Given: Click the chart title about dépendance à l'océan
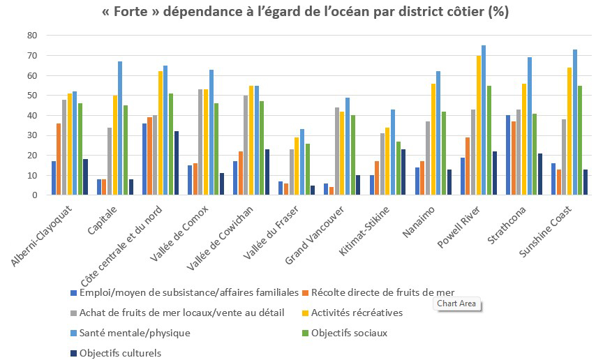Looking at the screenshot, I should click(298, 13).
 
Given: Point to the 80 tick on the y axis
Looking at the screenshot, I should click(31, 35).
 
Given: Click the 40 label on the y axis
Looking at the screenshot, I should click(31, 115).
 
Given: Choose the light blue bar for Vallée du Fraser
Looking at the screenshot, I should click(301, 162).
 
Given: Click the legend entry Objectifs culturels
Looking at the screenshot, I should click(120, 353).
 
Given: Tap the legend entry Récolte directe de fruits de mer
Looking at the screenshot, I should click(380, 292).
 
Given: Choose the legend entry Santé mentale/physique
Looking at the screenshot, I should click(134, 333).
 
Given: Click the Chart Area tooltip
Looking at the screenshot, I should click(458, 303).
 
